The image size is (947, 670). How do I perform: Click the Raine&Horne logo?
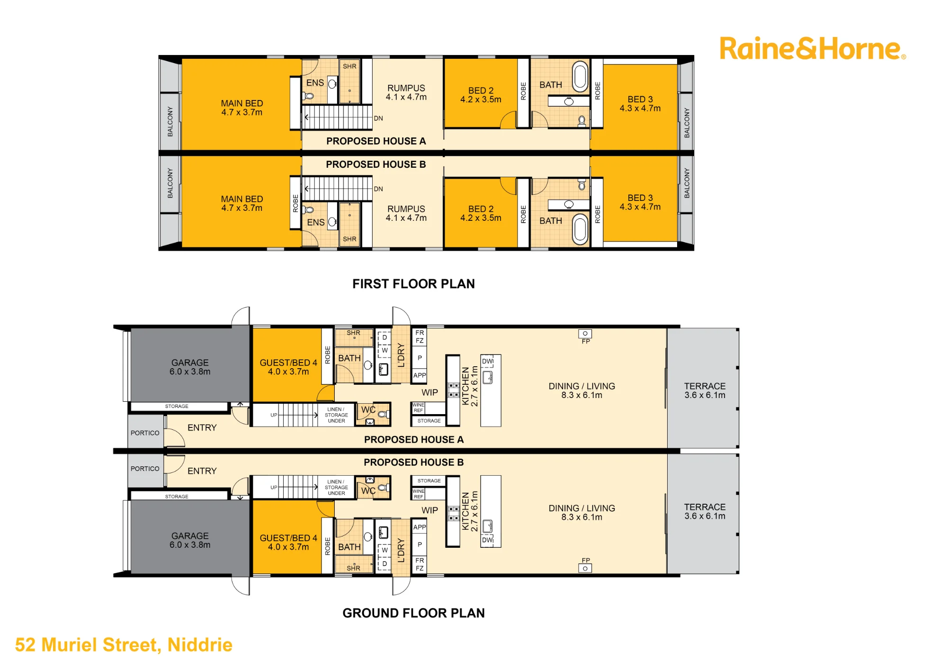(x=813, y=49)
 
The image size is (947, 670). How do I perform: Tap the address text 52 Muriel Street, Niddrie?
(x=124, y=645)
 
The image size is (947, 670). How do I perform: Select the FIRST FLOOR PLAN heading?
(x=413, y=284)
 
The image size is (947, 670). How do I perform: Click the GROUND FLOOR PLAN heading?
(x=413, y=613)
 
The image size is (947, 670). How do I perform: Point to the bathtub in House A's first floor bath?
(x=580, y=76)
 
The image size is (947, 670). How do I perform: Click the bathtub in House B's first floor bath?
(x=580, y=229)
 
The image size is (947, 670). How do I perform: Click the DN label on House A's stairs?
(x=378, y=118)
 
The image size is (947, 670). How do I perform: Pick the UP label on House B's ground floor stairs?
(x=274, y=487)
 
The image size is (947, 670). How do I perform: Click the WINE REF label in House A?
(x=419, y=407)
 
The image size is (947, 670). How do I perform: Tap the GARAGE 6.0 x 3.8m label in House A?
(x=190, y=367)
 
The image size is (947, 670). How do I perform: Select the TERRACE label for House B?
(x=705, y=511)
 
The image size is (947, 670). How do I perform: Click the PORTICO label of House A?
(x=145, y=433)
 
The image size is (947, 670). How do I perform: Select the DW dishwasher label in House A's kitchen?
(x=488, y=361)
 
